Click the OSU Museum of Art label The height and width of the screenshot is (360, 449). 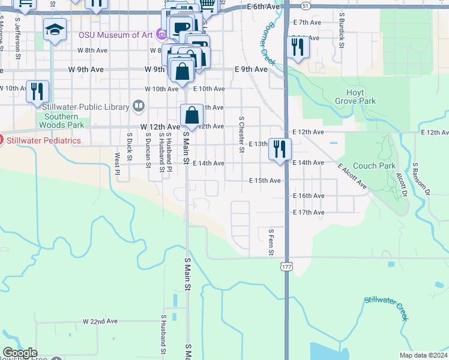click(115, 35)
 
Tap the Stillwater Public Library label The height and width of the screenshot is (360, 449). click(86, 107)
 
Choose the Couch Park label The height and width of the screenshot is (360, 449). click(374, 166)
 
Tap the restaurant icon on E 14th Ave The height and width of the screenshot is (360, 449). click(279, 149)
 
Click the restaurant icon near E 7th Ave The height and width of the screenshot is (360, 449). click(298, 47)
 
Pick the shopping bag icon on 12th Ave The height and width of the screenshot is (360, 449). click(191, 115)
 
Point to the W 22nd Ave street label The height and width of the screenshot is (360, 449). click(100, 322)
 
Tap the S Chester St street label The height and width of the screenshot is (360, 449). click(241, 134)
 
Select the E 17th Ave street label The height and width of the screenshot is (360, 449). click(309, 212)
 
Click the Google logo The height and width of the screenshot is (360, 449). click(20, 353)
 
